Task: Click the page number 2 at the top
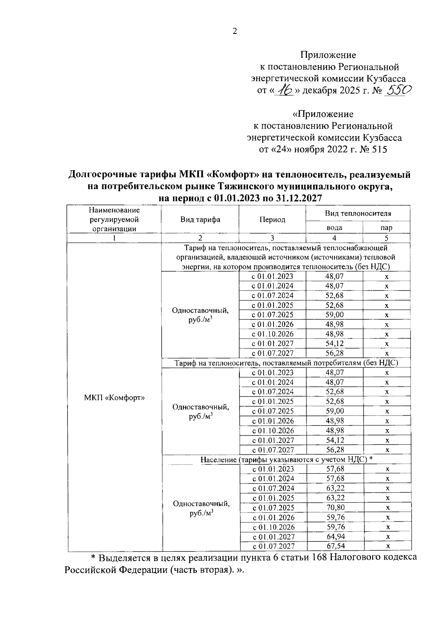(235, 31)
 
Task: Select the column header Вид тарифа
(200, 219)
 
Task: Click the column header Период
(272, 219)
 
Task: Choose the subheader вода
(334, 227)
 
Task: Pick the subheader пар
(386, 227)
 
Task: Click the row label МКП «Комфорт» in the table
(114, 398)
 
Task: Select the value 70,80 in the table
(335, 507)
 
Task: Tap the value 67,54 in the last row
(335, 546)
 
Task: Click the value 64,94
(335, 536)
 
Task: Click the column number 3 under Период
(272, 238)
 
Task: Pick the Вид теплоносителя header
(357, 213)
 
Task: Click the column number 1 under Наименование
(114, 238)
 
